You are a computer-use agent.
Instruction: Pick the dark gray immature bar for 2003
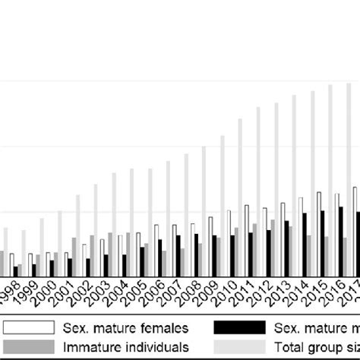coord(111,255)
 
